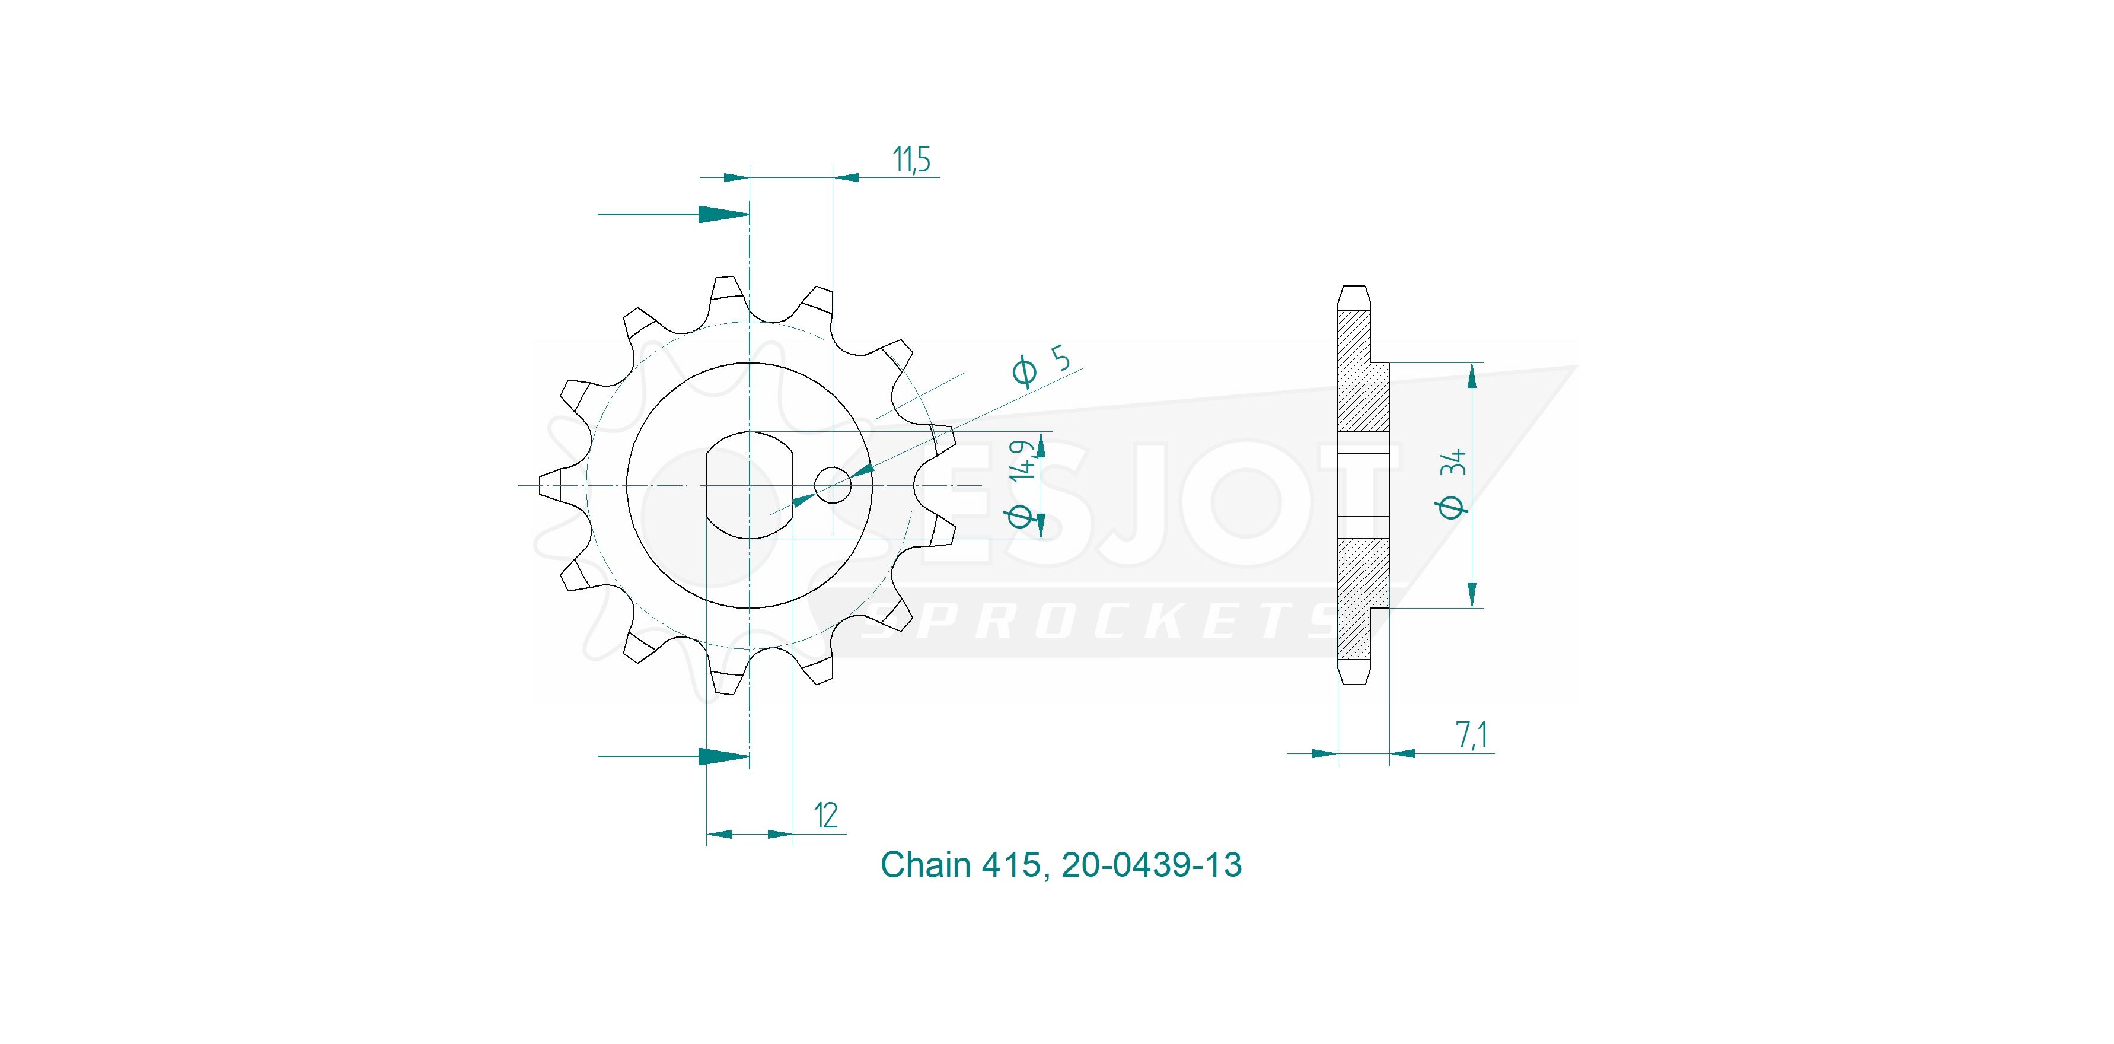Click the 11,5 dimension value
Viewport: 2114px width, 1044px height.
[912, 160]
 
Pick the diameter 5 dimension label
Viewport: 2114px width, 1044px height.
[1041, 365]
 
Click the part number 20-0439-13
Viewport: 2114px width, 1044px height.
[1152, 864]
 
